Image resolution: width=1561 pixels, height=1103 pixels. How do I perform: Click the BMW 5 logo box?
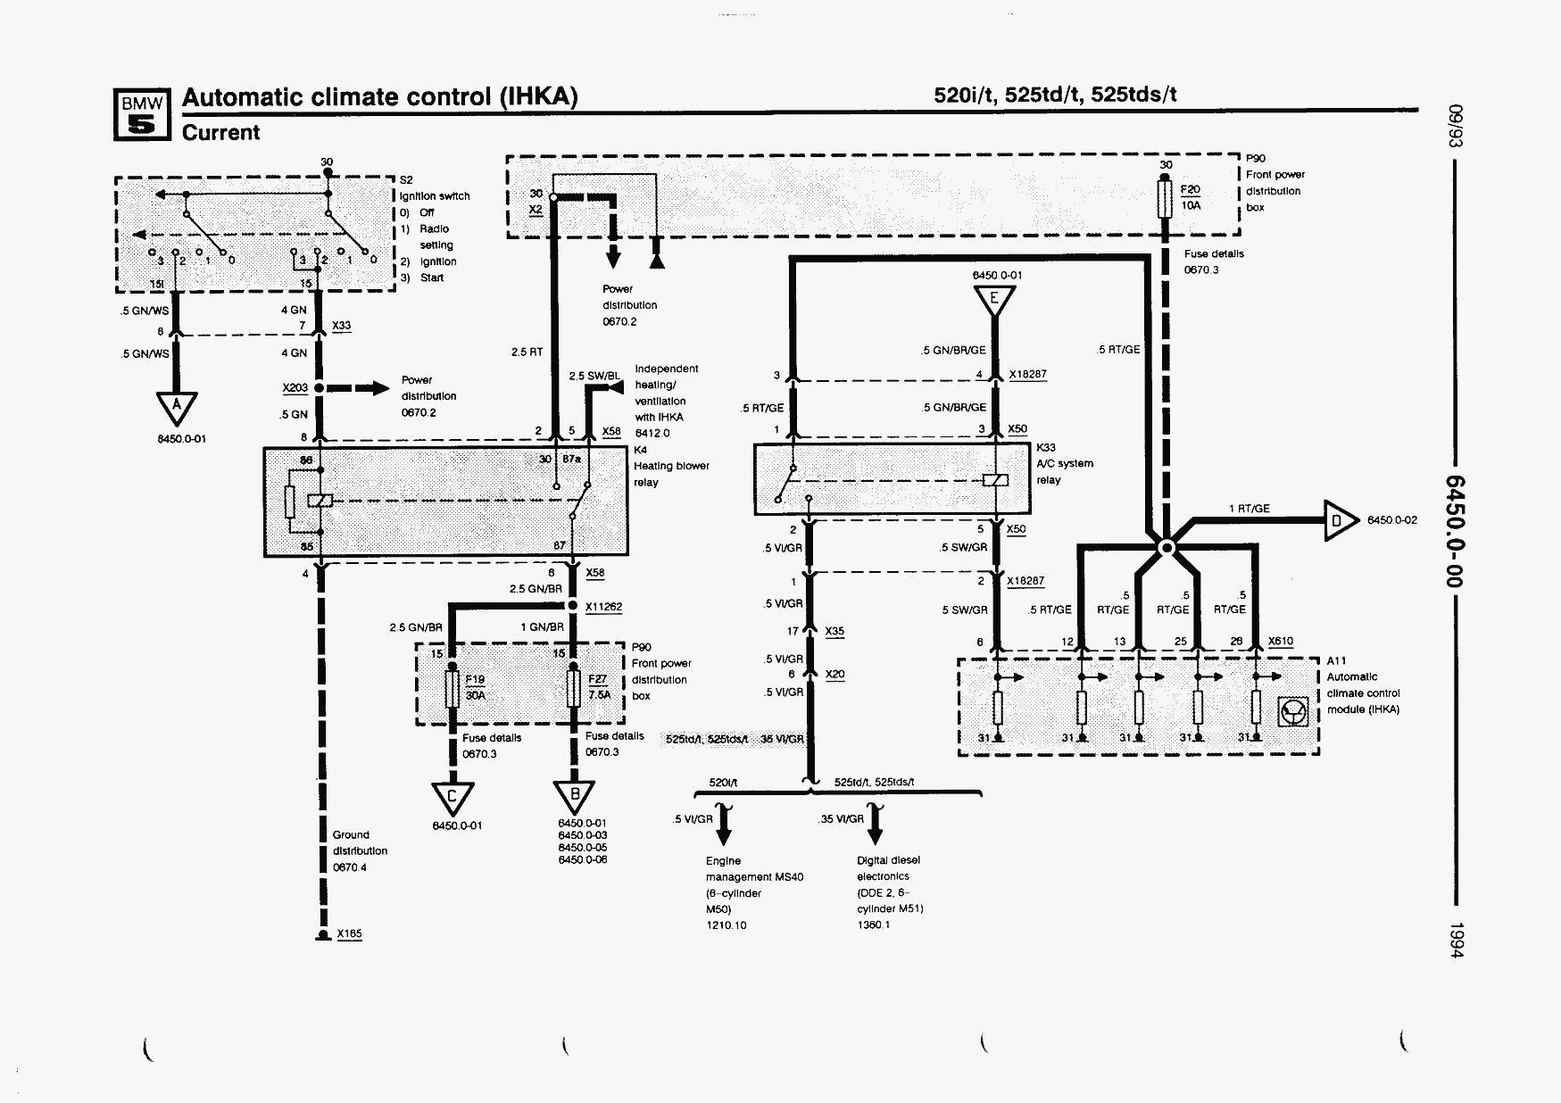pos(141,115)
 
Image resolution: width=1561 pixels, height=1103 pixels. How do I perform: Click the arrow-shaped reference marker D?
pos(1339,520)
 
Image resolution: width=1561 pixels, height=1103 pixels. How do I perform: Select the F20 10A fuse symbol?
pos(1166,198)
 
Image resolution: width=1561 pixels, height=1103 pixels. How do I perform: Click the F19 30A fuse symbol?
pos(453,687)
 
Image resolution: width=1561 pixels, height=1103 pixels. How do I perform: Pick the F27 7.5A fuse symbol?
pos(575,687)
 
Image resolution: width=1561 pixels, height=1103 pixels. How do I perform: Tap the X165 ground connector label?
pos(349,933)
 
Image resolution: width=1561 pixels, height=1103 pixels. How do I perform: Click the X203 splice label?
pos(295,387)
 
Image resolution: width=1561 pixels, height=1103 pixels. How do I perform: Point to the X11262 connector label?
pos(603,607)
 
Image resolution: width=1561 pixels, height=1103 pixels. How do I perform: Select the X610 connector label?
pos(1280,641)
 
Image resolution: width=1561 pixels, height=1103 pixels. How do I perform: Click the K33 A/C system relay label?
pos(1064,464)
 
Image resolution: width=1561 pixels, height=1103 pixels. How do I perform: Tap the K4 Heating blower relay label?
pos(670,466)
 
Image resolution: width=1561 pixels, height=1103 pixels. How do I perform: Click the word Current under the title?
pos(220,133)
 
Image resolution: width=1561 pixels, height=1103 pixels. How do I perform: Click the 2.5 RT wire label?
pos(527,352)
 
